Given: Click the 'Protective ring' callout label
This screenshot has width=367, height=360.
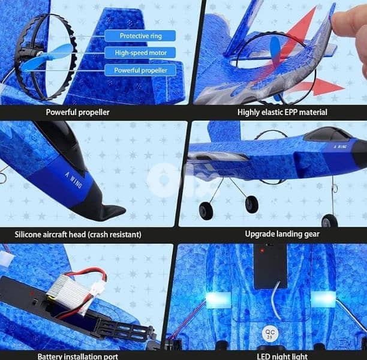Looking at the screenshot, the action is [x=140, y=36].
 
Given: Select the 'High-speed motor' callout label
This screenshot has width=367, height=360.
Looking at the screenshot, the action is [x=140, y=53].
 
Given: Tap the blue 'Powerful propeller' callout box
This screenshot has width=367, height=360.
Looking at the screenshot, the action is [x=140, y=70].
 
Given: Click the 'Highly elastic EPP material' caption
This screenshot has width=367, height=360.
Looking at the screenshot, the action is [x=282, y=112].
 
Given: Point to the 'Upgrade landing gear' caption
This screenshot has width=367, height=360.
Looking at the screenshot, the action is [x=282, y=234].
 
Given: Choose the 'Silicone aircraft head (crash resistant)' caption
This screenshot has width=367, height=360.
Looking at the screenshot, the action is [x=78, y=235].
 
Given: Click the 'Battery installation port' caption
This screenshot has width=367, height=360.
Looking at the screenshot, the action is [x=78, y=356].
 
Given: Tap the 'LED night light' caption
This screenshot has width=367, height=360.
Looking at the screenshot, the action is [x=282, y=356].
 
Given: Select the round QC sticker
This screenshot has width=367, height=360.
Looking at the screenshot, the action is [x=270, y=334].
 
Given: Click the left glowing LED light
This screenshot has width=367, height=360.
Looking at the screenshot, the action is [x=218, y=300].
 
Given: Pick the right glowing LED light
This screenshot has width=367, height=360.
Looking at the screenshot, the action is [x=323, y=299].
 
